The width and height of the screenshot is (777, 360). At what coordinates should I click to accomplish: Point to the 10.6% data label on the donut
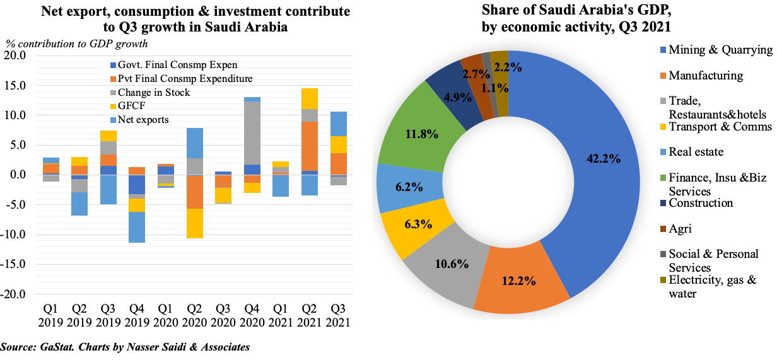click(452, 264)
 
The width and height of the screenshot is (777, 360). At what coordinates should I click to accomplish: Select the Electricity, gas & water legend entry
click(711, 286)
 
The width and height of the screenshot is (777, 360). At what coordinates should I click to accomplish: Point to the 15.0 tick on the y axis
click(15, 86)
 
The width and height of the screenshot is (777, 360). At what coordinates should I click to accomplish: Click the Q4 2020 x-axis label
click(252, 315)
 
